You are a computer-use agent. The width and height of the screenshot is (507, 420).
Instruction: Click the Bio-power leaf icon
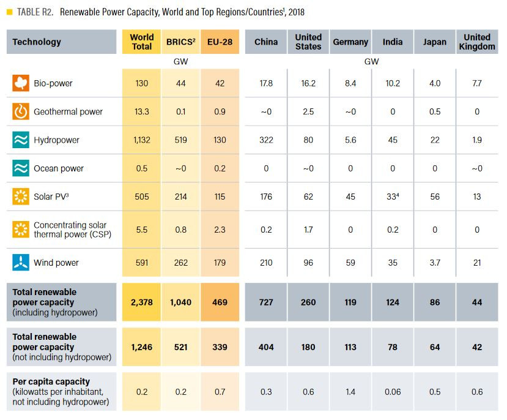[x=21, y=83]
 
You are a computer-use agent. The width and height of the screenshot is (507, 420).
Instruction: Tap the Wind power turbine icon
[x=21, y=263]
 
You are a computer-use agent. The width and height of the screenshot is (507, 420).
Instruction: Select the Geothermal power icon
[x=21, y=111]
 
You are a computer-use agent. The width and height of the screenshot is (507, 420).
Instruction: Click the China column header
[x=266, y=42]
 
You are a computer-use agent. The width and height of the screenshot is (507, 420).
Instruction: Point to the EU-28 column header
[x=220, y=42]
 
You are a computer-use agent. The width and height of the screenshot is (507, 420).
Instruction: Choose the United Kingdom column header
[x=477, y=42]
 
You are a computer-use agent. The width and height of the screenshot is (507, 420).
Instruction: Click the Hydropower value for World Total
[x=142, y=140]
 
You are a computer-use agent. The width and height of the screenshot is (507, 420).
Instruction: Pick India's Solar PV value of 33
[x=392, y=197]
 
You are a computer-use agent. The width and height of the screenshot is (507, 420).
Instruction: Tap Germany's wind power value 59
[x=350, y=263]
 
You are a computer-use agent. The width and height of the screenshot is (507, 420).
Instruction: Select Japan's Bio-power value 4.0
[x=434, y=83]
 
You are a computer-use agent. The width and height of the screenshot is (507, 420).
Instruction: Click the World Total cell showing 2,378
[x=142, y=302]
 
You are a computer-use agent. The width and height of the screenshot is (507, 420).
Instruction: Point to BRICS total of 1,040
[x=180, y=302]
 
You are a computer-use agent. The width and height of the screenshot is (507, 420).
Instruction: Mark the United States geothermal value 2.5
[x=308, y=111]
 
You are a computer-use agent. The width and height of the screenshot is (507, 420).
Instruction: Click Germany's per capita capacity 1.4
[x=350, y=392]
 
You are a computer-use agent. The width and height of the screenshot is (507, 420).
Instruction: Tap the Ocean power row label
[x=59, y=168]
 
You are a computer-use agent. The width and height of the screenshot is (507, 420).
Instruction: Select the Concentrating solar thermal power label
[x=70, y=230]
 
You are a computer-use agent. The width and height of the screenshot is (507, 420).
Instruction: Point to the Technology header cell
[x=37, y=42]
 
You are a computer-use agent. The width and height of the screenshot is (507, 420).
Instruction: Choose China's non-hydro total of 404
[x=266, y=347]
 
